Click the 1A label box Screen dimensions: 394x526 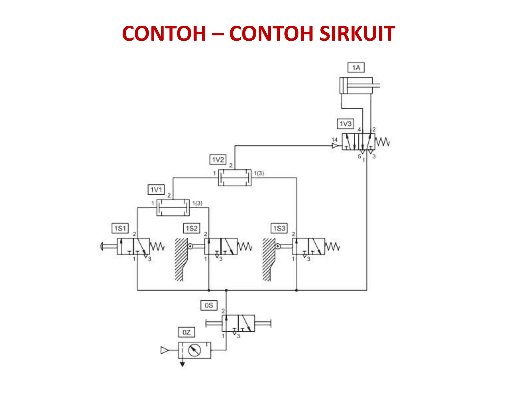[356, 68]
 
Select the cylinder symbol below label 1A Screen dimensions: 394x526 [356, 85]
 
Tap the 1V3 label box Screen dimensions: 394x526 [345, 124]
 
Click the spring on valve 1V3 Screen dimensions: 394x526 [382, 142]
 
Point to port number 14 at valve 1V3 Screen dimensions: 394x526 [334, 140]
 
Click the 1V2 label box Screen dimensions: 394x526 [218, 160]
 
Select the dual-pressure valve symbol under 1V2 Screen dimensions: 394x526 [235, 178]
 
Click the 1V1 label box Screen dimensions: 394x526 [156, 190]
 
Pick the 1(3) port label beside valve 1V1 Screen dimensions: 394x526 [198, 203]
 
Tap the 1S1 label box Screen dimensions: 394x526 [120, 228]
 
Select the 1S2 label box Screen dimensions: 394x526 [192, 228]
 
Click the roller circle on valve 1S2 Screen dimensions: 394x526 [190, 247]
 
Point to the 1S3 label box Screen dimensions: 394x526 [279, 228]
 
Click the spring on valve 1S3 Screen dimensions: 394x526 [332, 247]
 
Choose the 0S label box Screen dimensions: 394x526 [209, 306]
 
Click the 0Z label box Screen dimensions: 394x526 [186, 332]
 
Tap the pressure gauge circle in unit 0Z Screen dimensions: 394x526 [194, 350]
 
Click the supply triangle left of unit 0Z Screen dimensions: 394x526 [164, 350]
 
